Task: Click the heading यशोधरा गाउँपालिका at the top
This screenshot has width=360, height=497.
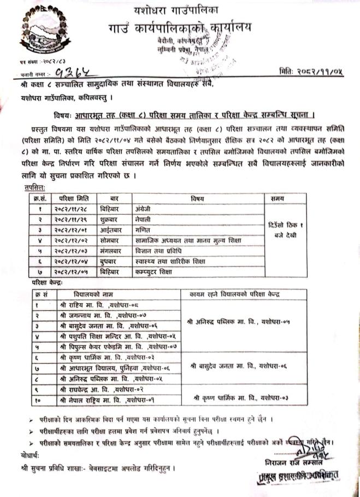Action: coord(175,9)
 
